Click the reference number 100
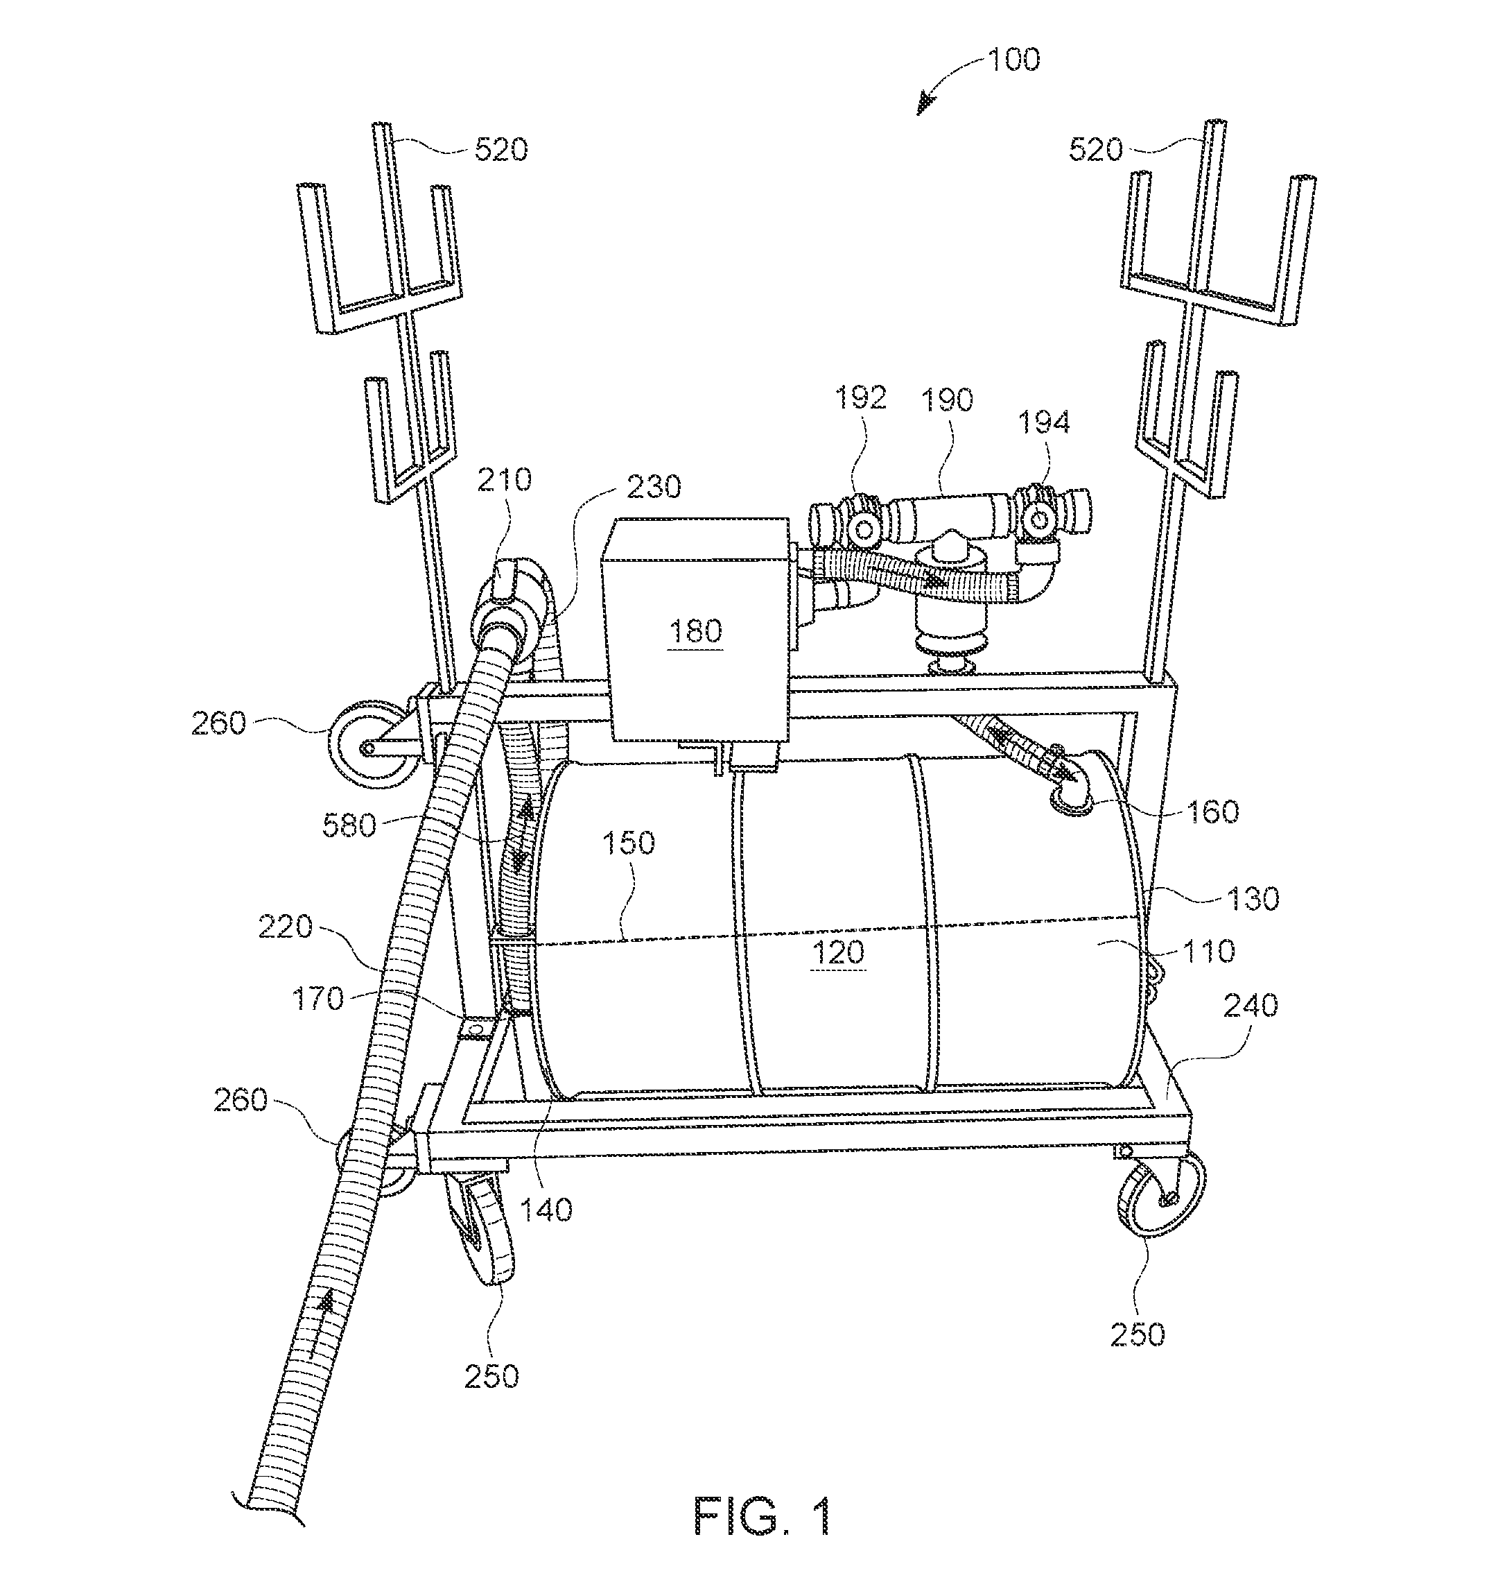[1013, 60]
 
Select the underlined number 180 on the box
[696, 631]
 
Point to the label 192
[860, 398]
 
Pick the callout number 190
[948, 400]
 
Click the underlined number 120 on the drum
[839, 953]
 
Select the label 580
[349, 825]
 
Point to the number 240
[1251, 1006]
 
